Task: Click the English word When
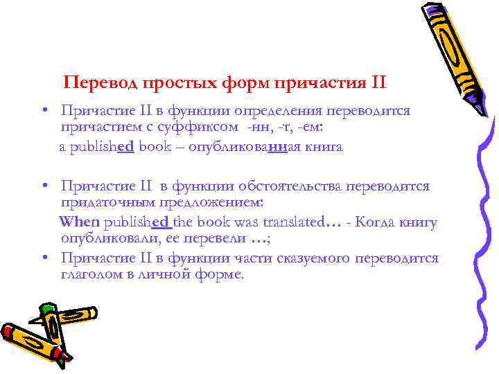80,222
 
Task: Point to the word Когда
377,222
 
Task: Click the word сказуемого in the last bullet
309,258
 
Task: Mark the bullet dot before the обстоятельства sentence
43,186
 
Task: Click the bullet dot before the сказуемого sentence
43,258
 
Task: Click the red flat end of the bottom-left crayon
8,333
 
